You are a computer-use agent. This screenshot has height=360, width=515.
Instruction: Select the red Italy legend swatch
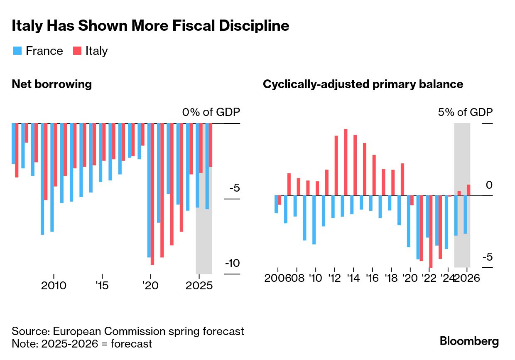[77, 51]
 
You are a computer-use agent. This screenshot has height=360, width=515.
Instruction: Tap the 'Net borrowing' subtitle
[51, 84]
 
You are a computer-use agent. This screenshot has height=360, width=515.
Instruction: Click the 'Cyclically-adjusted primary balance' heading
[363, 84]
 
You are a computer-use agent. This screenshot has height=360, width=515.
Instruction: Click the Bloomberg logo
[469, 341]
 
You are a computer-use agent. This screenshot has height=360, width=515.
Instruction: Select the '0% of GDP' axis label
[211, 113]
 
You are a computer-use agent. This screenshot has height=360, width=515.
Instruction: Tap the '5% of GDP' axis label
[465, 113]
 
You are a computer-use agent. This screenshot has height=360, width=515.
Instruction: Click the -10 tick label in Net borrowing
[232, 264]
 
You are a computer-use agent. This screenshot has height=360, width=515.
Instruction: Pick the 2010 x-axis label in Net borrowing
[54, 286]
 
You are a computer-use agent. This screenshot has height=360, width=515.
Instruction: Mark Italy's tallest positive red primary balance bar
[346, 162]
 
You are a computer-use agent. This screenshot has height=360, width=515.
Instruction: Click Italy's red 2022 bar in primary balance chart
[431, 231]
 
